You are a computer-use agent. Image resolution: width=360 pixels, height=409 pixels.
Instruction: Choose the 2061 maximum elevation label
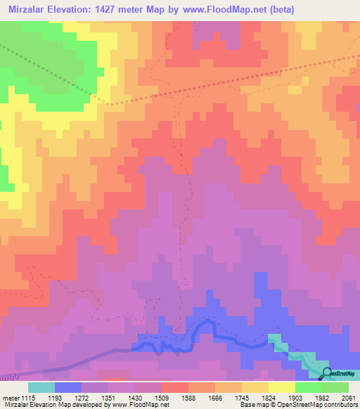click(349, 397)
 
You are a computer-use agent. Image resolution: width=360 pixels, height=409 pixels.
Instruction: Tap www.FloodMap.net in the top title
click(221, 9)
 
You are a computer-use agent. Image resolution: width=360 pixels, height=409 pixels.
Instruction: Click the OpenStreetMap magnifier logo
click(326, 372)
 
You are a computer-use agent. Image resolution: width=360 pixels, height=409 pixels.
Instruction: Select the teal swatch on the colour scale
click(41, 387)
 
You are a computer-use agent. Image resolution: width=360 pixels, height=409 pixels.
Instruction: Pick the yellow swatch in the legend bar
click(281, 387)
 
